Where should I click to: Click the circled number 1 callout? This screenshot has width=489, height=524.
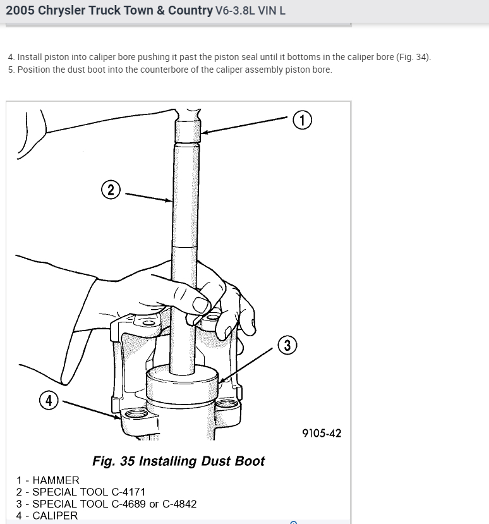[303, 120]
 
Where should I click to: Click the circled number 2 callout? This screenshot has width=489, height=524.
[111, 190]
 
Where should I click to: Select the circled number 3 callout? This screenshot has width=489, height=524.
[287, 345]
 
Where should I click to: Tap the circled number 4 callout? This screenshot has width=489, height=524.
[49, 400]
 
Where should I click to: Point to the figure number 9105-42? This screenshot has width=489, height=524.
[322, 433]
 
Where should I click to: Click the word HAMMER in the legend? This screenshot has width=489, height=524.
[56, 480]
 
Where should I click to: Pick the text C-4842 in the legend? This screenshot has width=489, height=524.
[179, 504]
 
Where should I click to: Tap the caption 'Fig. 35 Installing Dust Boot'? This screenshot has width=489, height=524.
[179, 461]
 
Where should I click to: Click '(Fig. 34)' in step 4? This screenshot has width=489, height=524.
[414, 57]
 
